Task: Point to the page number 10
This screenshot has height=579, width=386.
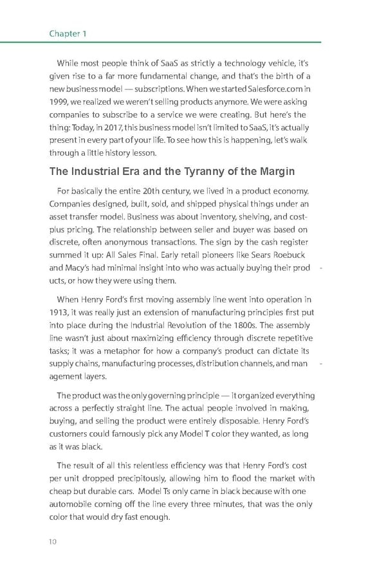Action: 53,541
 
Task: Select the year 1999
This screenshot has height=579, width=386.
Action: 59,102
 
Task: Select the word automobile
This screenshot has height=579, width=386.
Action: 72,504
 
